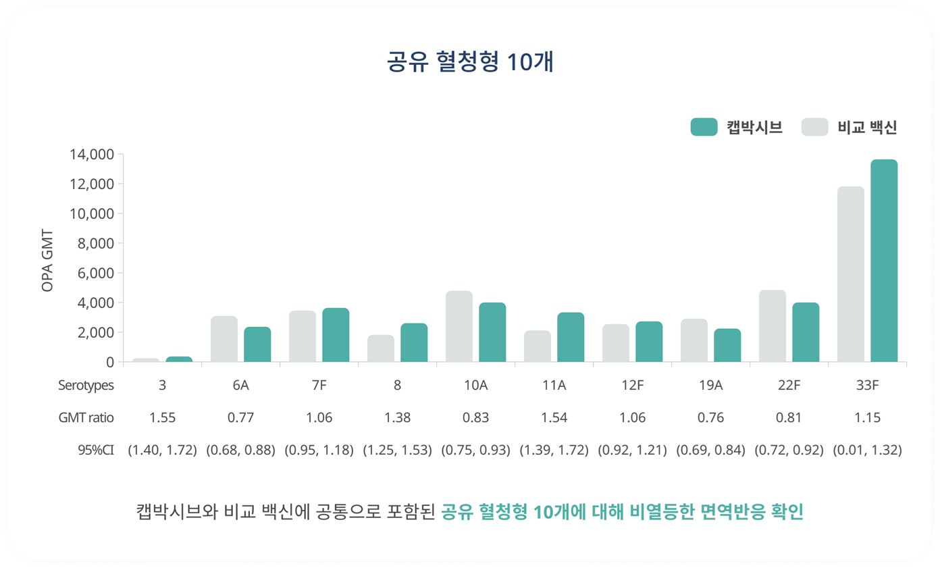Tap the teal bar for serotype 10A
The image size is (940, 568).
(x=492, y=332)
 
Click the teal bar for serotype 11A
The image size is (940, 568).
(x=571, y=337)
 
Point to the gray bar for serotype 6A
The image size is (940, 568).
(x=224, y=339)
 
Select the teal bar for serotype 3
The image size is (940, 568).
(x=179, y=359)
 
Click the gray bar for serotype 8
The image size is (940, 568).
(x=381, y=348)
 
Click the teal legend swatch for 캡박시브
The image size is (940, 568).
(x=704, y=127)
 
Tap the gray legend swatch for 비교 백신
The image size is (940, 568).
(x=814, y=127)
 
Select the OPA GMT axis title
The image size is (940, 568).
(x=47, y=261)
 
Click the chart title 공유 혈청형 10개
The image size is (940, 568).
(x=470, y=61)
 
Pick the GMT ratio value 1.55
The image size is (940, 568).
(x=162, y=418)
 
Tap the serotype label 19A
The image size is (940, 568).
(x=710, y=386)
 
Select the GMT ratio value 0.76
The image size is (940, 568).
(x=710, y=418)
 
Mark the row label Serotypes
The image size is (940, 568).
(x=86, y=386)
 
